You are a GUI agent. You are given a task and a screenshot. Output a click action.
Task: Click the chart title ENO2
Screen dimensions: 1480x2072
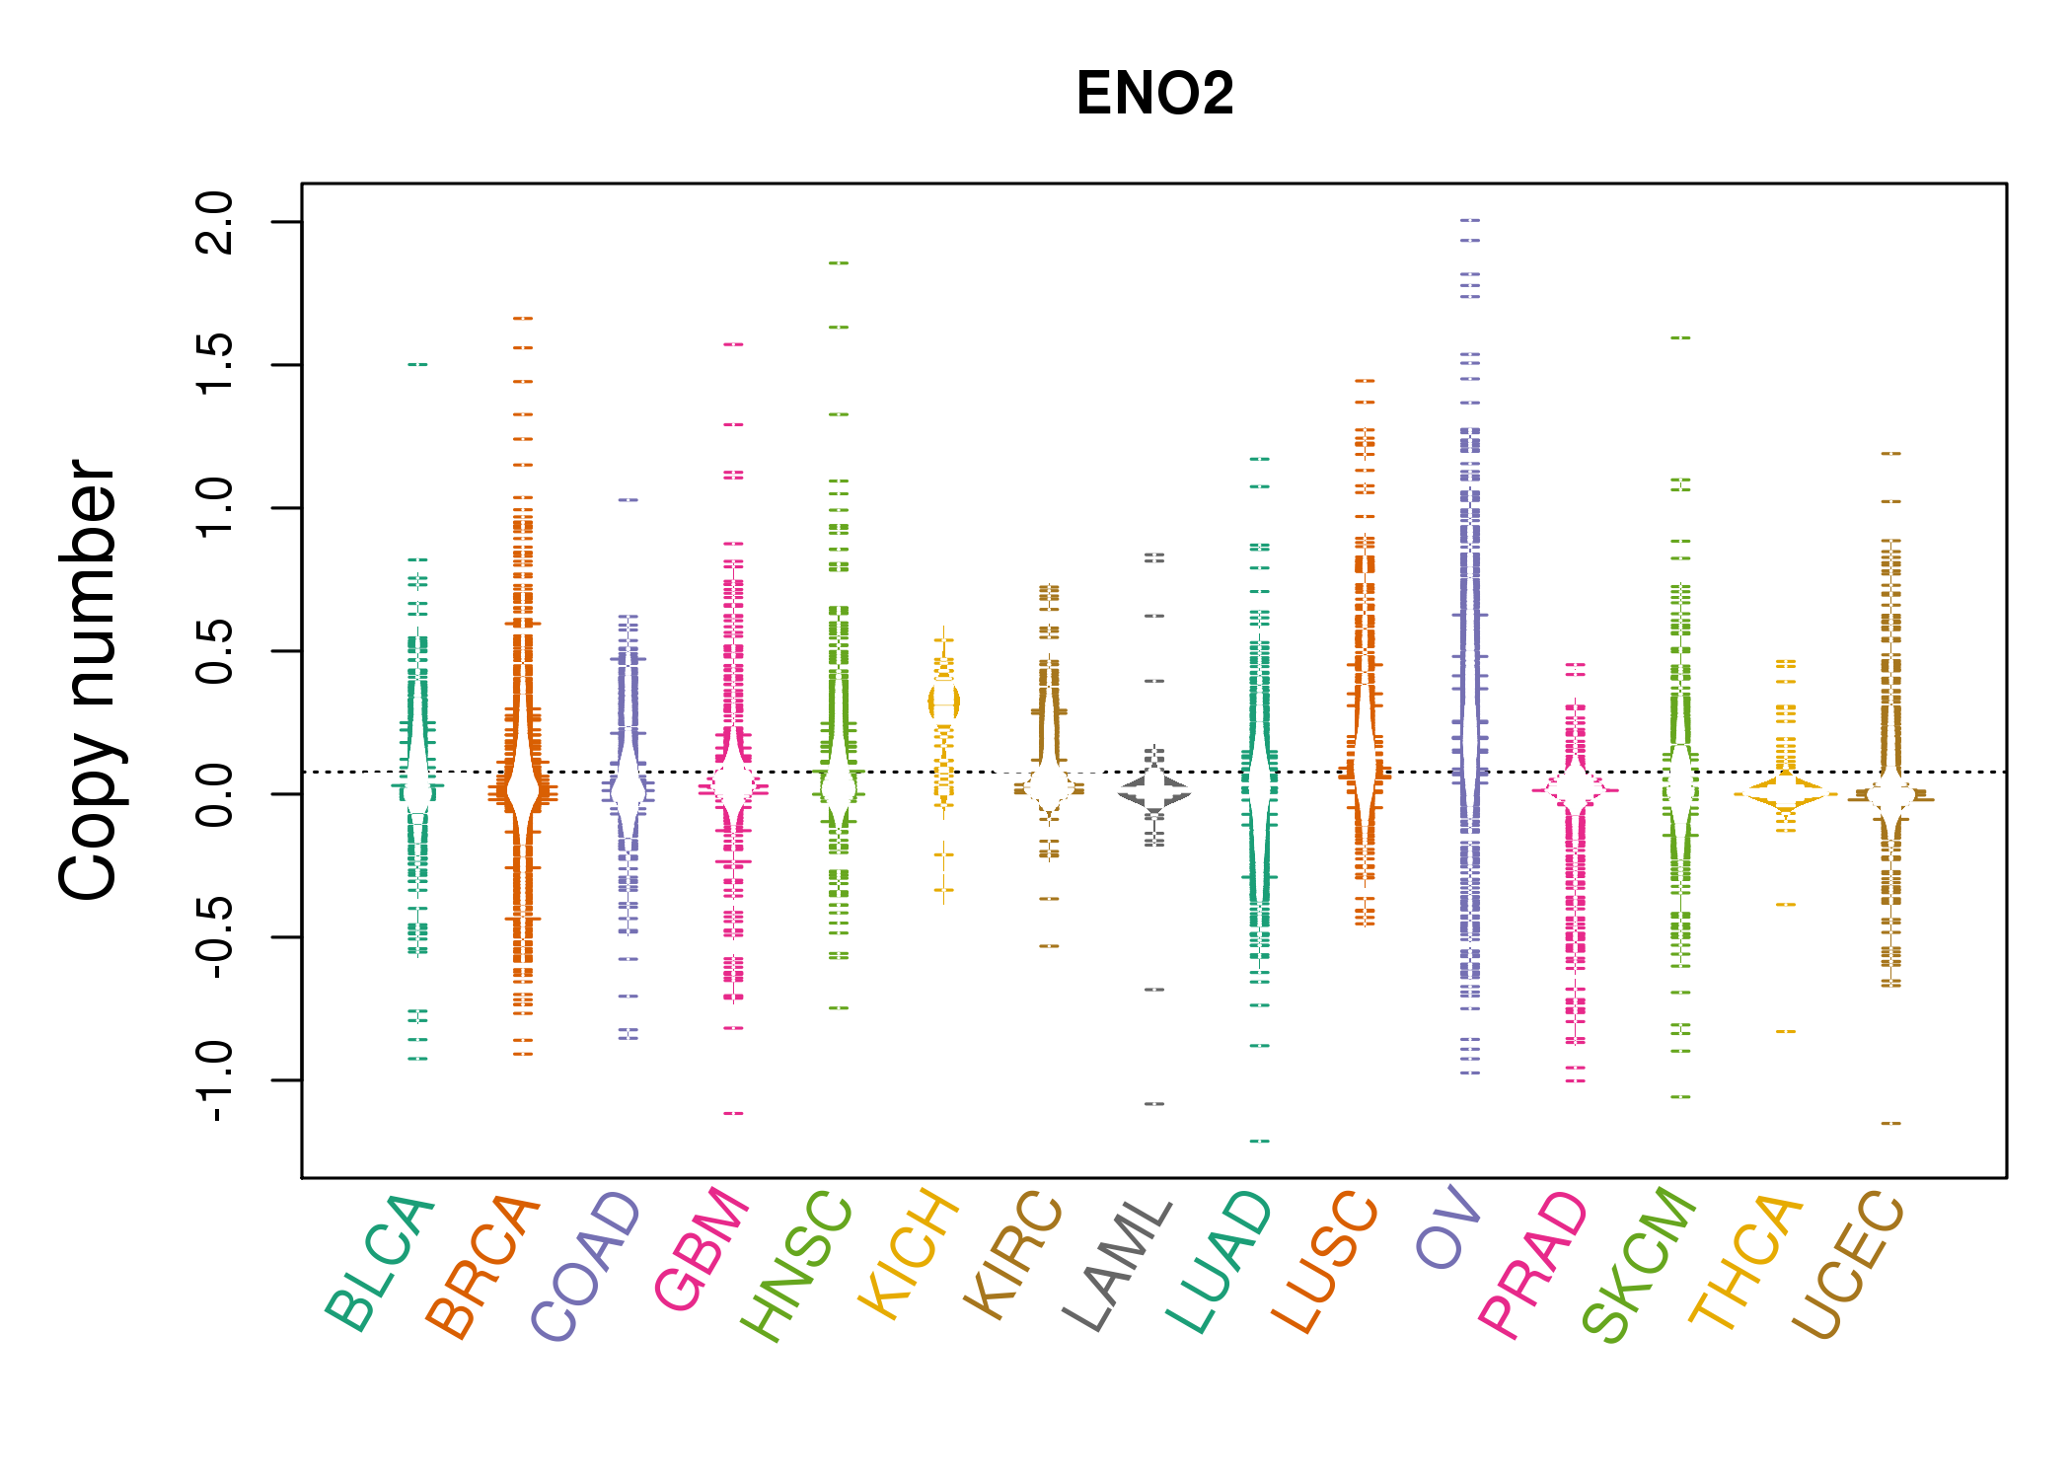point(1154,94)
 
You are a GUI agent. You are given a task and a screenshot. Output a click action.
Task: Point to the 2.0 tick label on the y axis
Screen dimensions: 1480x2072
point(214,222)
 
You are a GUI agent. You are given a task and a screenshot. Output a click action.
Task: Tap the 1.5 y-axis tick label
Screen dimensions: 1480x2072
point(214,365)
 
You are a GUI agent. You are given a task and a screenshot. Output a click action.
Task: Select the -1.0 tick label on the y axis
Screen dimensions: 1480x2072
point(214,1081)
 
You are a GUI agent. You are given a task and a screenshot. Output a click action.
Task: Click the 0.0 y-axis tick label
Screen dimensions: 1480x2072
point(214,794)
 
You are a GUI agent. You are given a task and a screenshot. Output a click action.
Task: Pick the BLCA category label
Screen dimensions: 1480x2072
point(380,1263)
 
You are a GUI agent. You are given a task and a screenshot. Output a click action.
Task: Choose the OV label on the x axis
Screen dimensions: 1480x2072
point(1447,1229)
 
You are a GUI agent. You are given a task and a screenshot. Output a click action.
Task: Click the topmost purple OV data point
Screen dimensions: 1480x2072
point(1470,220)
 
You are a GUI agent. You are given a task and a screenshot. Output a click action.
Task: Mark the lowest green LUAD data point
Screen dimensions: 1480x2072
point(1260,1142)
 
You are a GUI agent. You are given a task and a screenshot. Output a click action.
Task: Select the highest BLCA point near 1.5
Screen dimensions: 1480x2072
point(417,365)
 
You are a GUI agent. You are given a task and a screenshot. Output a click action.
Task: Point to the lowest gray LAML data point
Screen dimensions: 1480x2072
point(1154,1104)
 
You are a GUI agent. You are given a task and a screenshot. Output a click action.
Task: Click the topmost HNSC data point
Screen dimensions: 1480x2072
point(839,263)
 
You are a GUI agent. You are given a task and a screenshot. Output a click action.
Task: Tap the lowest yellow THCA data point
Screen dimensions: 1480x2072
point(1786,1032)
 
